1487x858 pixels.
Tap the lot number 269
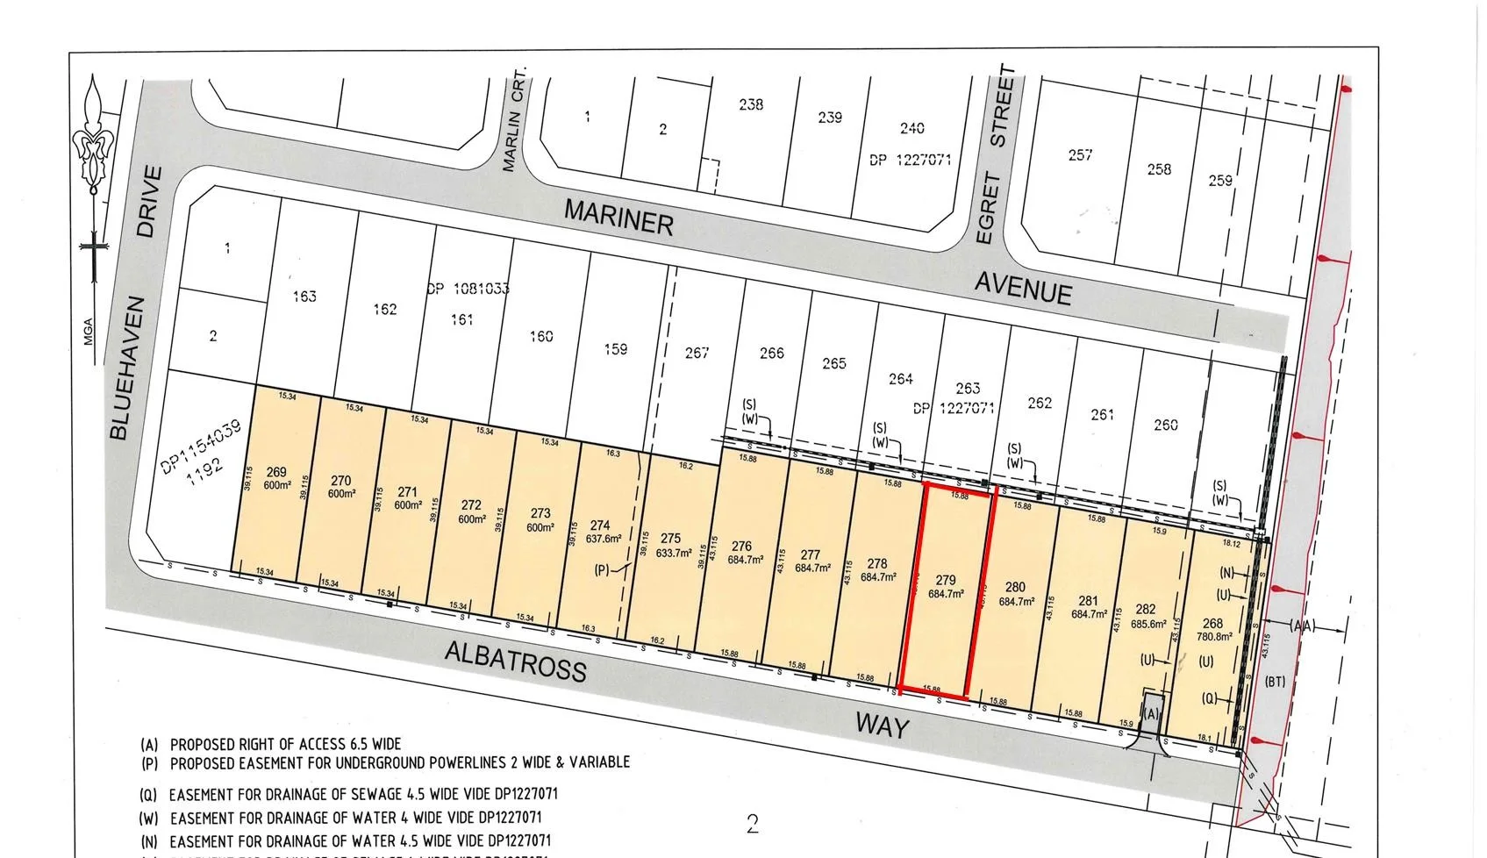[276, 472]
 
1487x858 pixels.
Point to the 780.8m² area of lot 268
[1214, 637]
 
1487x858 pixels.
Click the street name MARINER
[618, 216]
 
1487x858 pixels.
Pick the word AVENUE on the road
[1023, 286]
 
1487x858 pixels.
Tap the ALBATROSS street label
[515, 661]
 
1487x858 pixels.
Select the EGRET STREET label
[995, 155]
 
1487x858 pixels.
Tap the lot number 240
[912, 128]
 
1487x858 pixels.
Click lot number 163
[304, 296]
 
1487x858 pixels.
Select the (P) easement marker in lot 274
[602, 570]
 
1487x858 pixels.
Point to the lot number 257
[1080, 154]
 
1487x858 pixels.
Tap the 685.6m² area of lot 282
[1145, 624]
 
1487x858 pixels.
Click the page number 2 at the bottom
[752, 824]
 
